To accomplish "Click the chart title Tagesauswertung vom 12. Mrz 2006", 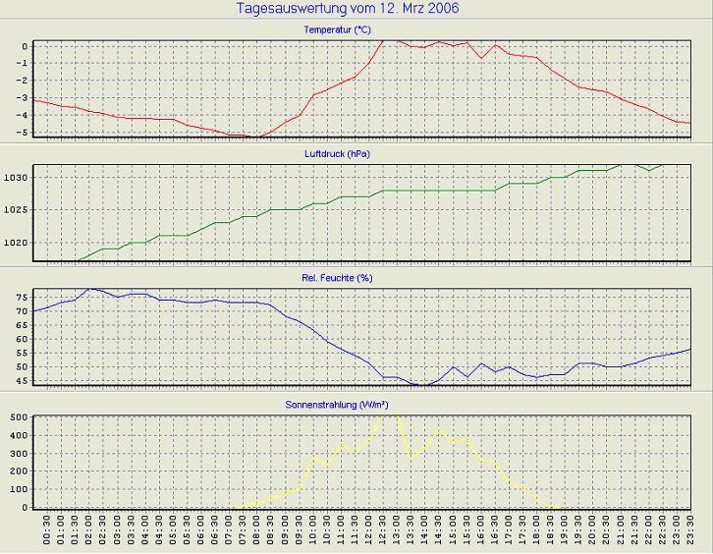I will tap(348, 9).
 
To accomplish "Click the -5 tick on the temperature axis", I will tap(26, 132).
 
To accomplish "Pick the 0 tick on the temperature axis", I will tap(27, 46).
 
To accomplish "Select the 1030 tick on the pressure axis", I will tap(19, 177).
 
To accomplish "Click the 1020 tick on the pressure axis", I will tap(19, 243).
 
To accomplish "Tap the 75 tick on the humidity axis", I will tap(23, 294).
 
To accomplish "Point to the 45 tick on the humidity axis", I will tap(23, 381).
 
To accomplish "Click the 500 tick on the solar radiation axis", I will tap(19, 416).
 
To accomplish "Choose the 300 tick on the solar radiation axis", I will tap(19, 453).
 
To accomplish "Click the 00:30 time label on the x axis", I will tap(47, 531).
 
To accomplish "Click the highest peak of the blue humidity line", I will tap(90, 289).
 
